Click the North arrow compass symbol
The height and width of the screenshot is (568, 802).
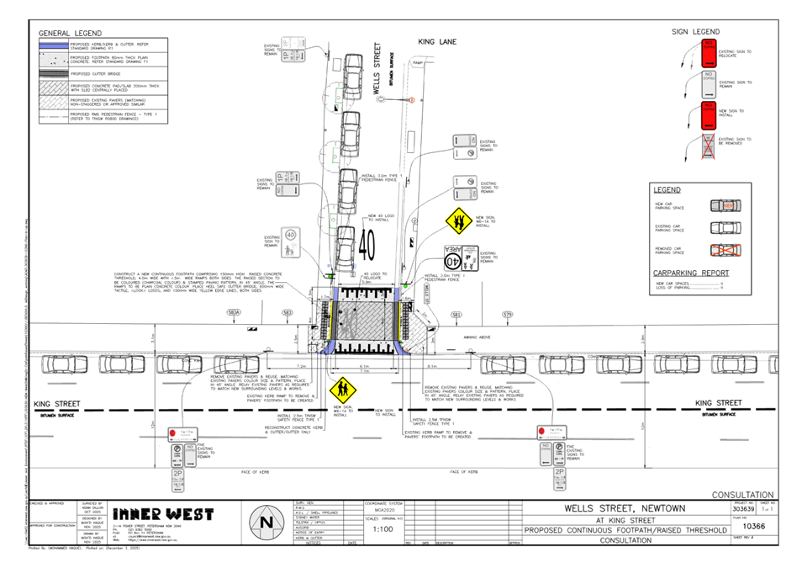[266, 523]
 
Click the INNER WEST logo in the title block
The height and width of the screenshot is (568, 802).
[163, 513]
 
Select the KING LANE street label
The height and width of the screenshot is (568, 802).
[435, 40]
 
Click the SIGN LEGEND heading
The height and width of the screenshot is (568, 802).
[695, 32]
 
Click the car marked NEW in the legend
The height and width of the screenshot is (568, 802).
[726, 205]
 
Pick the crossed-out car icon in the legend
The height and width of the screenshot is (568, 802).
[726, 249]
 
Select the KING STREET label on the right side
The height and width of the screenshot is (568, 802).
[719, 403]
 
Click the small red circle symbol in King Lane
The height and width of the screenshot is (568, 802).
[413, 100]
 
